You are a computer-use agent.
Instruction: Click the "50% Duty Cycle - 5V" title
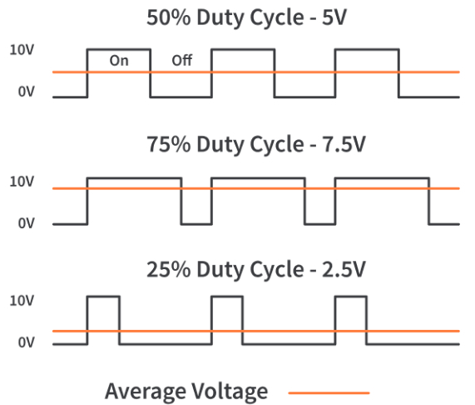246,17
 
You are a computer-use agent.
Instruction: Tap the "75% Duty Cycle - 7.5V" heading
256,144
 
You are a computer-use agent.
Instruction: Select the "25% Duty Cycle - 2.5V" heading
256,269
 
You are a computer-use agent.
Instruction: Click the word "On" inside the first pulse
119,61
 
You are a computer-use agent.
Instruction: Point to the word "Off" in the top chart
181,60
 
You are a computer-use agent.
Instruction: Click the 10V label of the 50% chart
22,50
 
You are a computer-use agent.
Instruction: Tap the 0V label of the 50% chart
27,92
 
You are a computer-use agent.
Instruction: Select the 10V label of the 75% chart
22,182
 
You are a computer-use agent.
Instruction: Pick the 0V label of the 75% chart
27,223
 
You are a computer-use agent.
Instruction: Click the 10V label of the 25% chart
22,301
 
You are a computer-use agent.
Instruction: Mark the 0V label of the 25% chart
27,342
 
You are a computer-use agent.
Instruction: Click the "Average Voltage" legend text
186,392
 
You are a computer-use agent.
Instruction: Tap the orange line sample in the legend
329,392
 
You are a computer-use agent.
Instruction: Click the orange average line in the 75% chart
256,188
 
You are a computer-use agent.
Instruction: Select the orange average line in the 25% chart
256,331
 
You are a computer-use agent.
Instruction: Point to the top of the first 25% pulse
103,297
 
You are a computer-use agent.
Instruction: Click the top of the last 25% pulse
351,297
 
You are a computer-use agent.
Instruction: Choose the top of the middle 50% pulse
243,49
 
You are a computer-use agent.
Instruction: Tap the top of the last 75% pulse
382,178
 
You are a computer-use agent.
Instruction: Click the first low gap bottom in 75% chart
196,224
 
